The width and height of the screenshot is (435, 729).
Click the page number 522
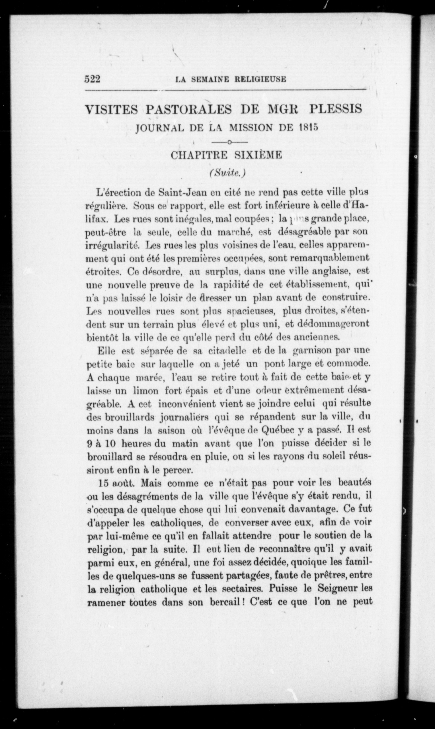click(x=93, y=79)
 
